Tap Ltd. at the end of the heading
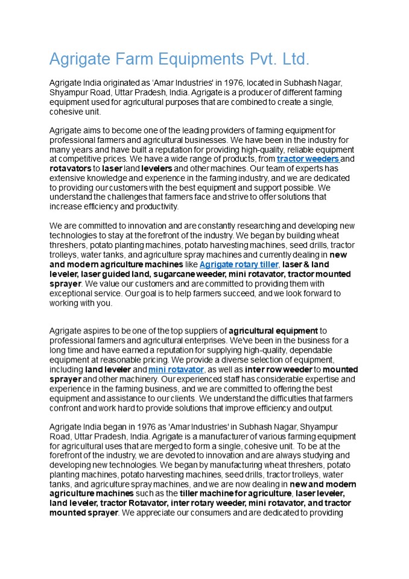click(296, 59)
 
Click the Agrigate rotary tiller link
click(239, 265)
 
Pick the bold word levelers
click(155, 169)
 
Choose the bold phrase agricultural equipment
click(273, 331)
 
